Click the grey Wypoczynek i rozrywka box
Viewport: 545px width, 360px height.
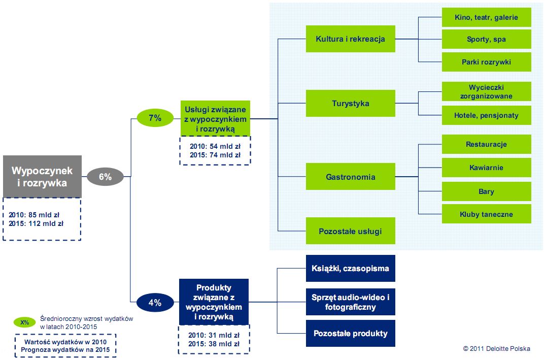point(42,177)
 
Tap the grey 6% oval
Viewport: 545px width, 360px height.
point(105,177)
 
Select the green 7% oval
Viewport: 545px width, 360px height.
point(155,118)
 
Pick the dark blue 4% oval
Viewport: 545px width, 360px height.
point(155,303)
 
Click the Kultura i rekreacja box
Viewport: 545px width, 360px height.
point(350,39)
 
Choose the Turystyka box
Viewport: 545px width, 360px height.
point(350,104)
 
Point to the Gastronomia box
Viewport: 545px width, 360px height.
point(350,177)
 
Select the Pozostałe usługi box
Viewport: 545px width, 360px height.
point(350,231)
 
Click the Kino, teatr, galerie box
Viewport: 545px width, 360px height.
point(486,17)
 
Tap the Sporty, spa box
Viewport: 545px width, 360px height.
point(486,39)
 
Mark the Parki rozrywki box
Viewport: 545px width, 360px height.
point(486,62)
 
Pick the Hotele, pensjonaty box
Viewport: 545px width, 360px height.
point(486,115)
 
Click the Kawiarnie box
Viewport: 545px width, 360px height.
point(486,168)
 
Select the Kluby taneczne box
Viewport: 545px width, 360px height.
point(486,214)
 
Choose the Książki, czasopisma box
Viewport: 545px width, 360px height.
point(350,268)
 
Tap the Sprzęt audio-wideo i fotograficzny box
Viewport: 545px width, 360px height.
point(350,302)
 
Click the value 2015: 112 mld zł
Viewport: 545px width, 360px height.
point(36,223)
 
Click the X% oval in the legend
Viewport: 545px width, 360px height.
point(25,322)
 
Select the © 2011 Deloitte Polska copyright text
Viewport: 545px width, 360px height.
point(496,348)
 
